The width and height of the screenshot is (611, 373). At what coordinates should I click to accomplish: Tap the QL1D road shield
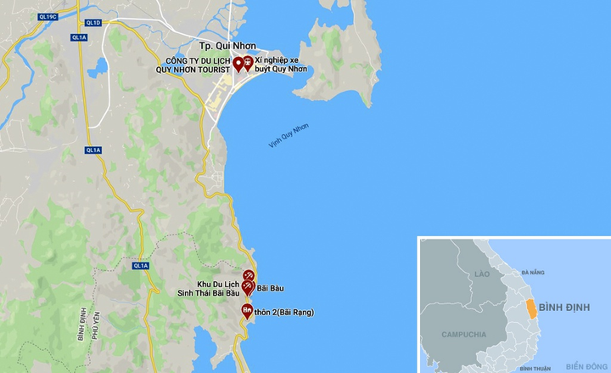pos(91,23)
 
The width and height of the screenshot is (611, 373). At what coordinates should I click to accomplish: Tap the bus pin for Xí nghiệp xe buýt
pos(248,63)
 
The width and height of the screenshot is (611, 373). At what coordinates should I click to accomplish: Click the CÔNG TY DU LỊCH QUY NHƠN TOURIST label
pos(199,65)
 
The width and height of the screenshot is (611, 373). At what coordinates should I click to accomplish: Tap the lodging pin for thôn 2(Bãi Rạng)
pos(246,310)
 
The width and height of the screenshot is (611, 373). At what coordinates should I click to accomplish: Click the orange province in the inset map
pos(531,308)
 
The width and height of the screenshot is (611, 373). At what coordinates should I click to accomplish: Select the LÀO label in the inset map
pos(482,274)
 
